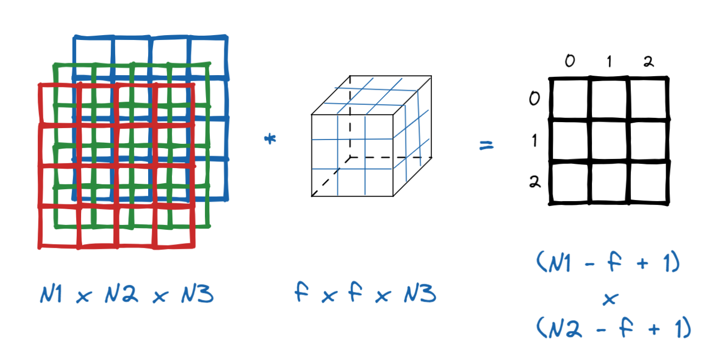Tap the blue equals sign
[x=487, y=145]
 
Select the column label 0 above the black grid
[x=570, y=62]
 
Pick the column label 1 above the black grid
[x=609, y=62]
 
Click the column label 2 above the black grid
[x=648, y=62]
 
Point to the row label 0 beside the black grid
[x=534, y=99]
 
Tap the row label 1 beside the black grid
[x=534, y=141]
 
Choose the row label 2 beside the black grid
[x=534, y=182]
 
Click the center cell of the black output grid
[x=609, y=141]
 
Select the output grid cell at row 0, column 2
[x=648, y=99]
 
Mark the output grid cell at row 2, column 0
[x=570, y=182]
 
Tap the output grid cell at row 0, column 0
[x=570, y=99]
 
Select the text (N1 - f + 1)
[x=608, y=265]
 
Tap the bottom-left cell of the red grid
[x=58, y=227]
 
